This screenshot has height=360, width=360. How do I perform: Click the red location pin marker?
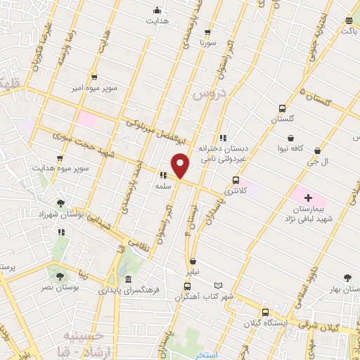181,165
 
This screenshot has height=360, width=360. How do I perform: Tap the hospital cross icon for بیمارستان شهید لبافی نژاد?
308,198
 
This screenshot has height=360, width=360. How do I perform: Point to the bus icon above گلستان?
282,109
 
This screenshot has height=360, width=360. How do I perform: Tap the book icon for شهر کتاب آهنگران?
219,285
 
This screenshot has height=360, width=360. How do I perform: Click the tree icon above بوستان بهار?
346,278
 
